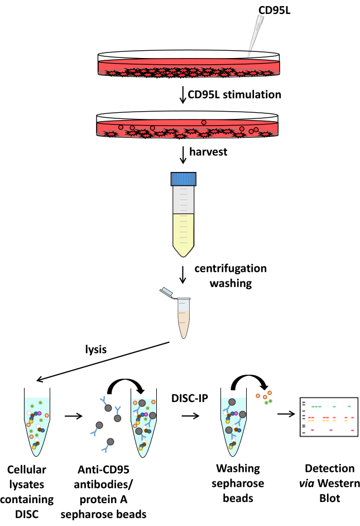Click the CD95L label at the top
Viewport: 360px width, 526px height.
point(274,11)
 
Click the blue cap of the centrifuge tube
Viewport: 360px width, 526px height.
point(184,179)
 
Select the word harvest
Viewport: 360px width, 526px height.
point(208,152)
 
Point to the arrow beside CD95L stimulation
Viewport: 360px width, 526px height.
point(183,95)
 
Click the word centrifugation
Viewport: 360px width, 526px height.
point(231,269)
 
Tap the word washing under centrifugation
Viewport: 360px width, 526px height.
point(231,284)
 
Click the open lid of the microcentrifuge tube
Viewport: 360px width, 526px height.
point(167,293)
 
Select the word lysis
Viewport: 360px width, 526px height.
point(96,350)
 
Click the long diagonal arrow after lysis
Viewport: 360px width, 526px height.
point(103,361)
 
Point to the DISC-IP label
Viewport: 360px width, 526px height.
point(190,398)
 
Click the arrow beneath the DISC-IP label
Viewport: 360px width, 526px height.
point(190,416)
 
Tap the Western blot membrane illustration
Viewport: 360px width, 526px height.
point(329,417)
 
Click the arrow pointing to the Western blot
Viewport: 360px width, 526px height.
point(286,414)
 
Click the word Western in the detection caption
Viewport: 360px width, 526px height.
point(339,484)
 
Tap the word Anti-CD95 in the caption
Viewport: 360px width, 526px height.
point(103,470)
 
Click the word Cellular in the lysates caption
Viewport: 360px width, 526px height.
point(26,470)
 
